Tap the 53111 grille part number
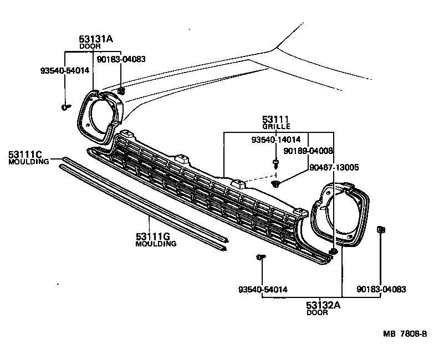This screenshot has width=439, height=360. click(x=276, y=120)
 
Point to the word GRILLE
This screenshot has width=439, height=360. click(x=276, y=127)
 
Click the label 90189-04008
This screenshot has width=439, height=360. click(x=308, y=151)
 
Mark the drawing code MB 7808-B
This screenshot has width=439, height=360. click(x=404, y=333)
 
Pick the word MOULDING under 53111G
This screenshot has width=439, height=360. click(x=155, y=244)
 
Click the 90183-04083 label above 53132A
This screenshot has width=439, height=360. click(x=381, y=289)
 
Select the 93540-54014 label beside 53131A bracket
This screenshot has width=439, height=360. click(x=63, y=70)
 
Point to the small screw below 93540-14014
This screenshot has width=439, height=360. click(x=275, y=162)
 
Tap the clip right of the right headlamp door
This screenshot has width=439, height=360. click(x=381, y=229)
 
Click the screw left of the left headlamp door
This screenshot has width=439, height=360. click(x=66, y=107)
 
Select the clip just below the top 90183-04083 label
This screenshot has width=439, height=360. click(x=121, y=90)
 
